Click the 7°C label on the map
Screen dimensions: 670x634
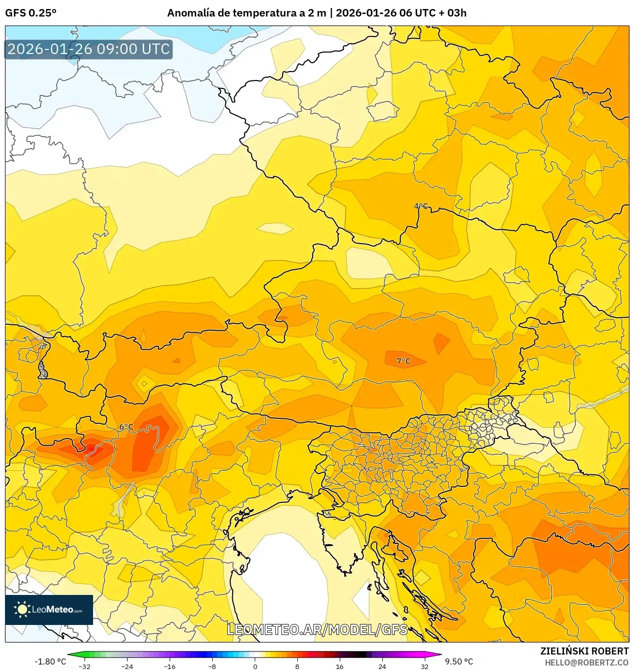[x=403, y=361]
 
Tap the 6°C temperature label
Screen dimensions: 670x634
[x=126, y=427]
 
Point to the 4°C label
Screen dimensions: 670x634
[x=421, y=206]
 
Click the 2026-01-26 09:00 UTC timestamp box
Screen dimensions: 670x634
[x=89, y=49]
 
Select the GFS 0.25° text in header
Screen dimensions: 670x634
[x=31, y=13]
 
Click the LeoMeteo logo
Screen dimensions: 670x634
[x=49, y=609]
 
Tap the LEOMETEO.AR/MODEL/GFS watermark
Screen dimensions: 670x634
[x=317, y=629]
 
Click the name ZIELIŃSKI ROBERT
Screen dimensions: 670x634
[x=584, y=651]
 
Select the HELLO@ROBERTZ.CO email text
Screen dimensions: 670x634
[x=586, y=662]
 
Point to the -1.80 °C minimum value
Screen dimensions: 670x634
[x=50, y=661]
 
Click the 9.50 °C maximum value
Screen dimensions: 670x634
[x=459, y=661]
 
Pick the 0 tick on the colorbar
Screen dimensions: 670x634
[x=255, y=666]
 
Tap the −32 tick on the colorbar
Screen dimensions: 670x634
[x=85, y=666]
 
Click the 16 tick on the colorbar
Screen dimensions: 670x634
[x=340, y=666]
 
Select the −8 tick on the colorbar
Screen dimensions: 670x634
[x=212, y=666]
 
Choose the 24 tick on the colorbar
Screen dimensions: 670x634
[x=382, y=666]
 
